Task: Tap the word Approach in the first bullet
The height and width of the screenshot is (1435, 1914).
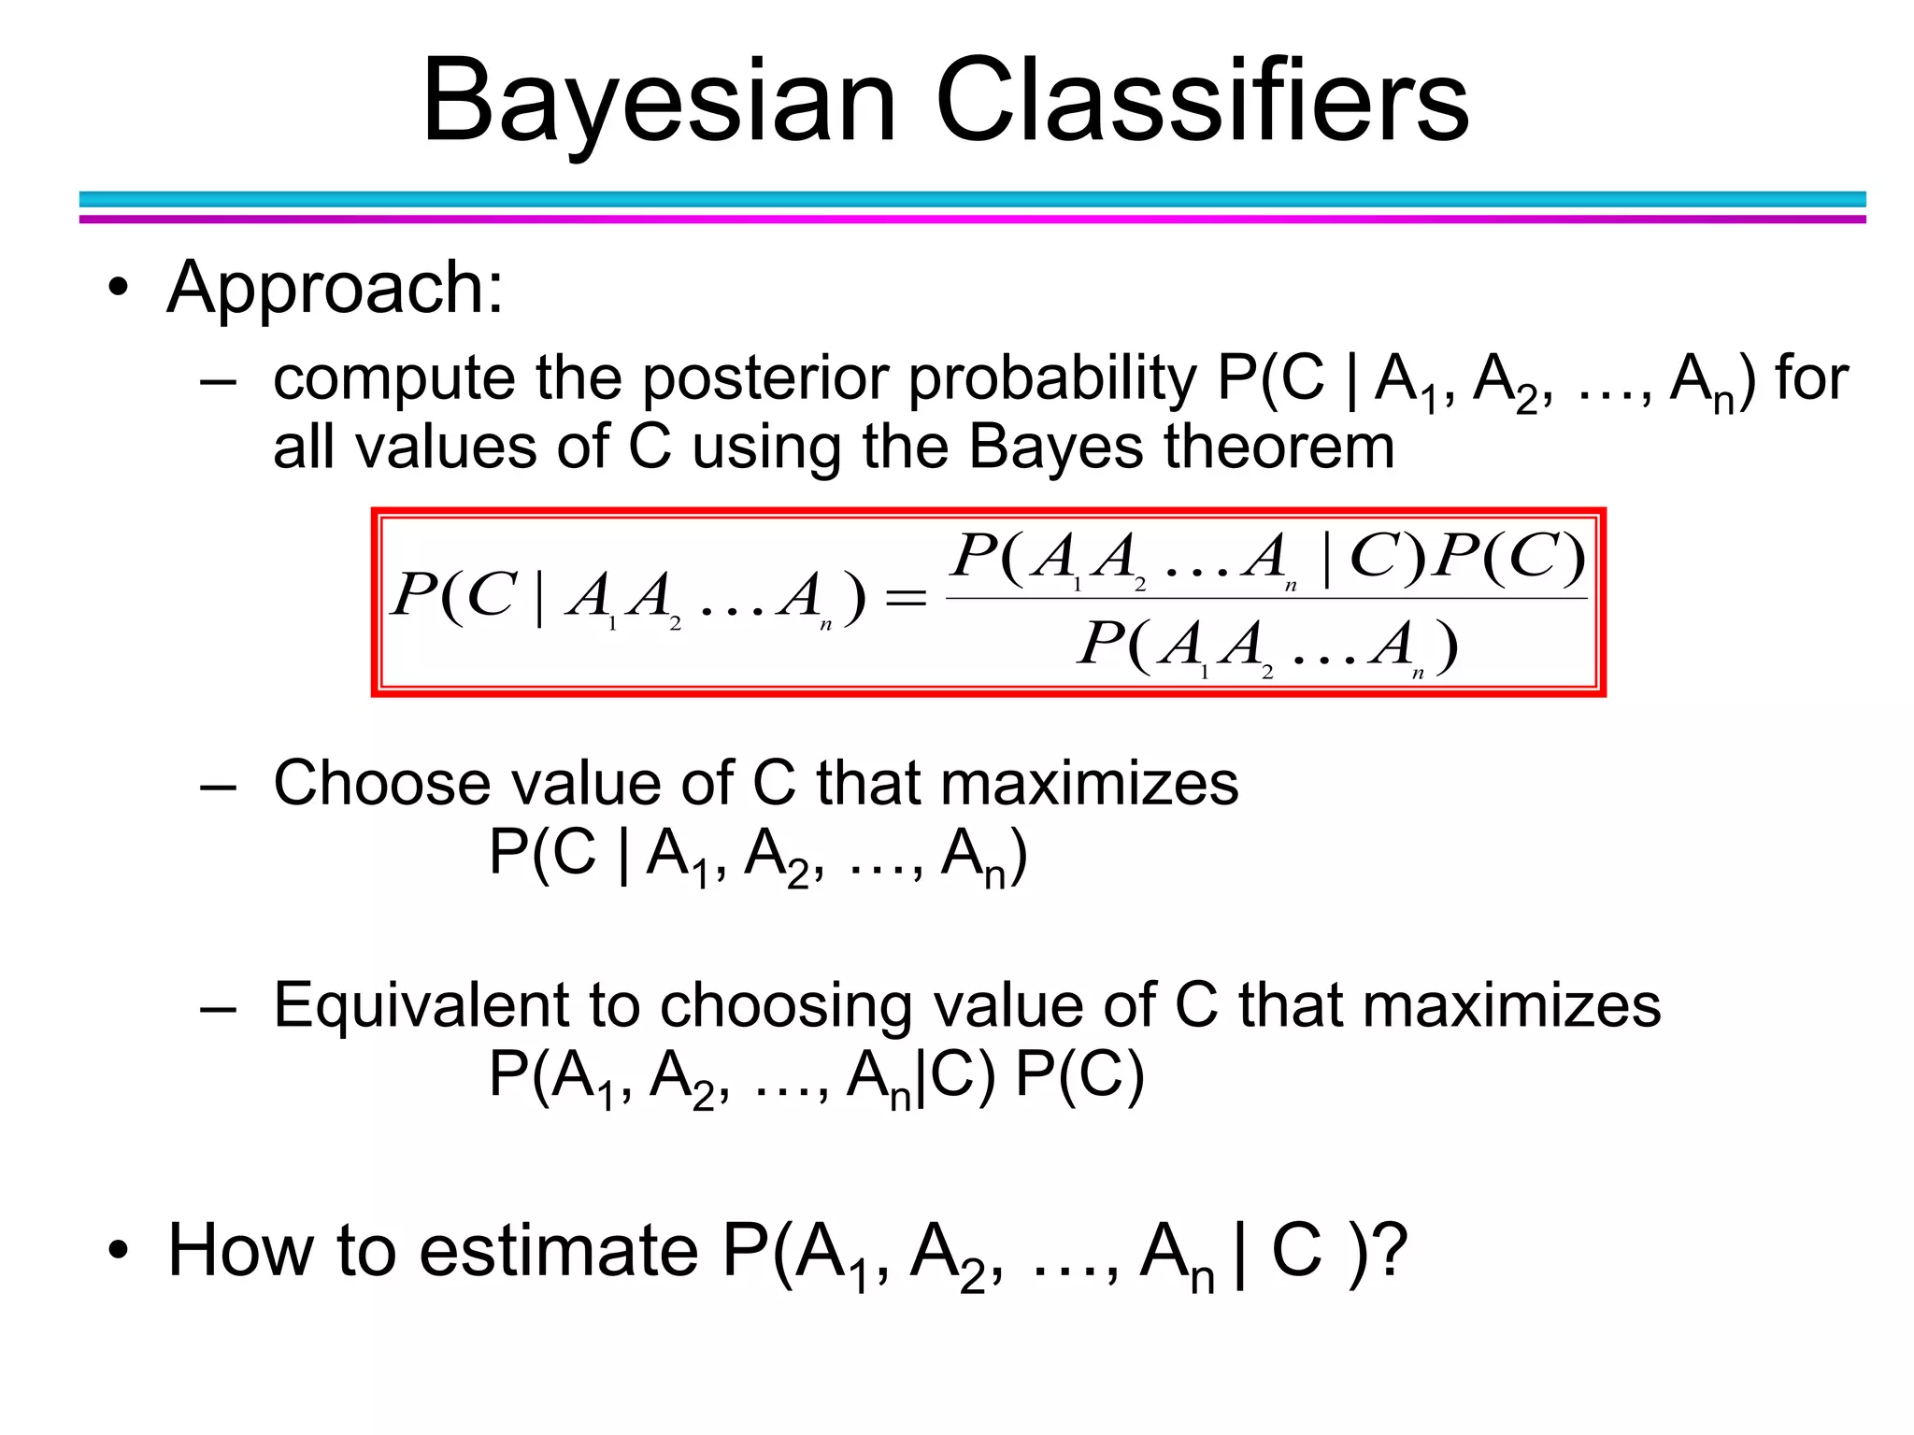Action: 335,288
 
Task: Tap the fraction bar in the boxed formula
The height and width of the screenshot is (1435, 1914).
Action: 1266,598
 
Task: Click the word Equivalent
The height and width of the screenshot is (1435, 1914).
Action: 419,1006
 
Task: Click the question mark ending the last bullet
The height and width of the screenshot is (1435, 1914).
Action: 1391,1250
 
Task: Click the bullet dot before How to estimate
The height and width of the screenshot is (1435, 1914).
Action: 117,1251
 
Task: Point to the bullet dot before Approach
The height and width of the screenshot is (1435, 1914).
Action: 117,289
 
